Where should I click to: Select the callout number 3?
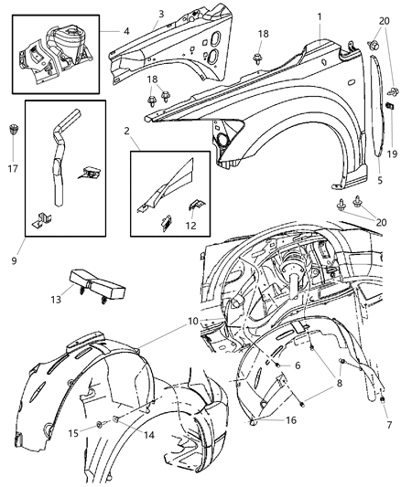[160, 14]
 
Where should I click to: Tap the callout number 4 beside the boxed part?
[126, 30]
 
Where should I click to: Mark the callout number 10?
[193, 322]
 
